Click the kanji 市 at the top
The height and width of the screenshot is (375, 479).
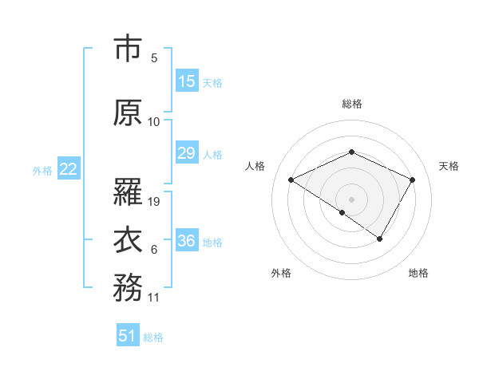point(128,49)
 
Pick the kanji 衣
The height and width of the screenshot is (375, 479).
point(128,240)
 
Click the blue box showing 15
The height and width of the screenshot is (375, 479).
point(187,81)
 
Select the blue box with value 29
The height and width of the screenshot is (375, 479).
point(187,153)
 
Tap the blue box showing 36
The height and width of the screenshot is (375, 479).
point(187,241)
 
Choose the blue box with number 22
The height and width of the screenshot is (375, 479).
point(69,169)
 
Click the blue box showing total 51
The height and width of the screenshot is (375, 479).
point(128,336)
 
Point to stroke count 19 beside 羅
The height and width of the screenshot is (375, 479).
point(155,202)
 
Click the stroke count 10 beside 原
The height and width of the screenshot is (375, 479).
point(154,122)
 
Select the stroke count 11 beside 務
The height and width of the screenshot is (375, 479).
point(154,298)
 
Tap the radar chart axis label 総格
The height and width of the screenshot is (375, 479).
point(352,104)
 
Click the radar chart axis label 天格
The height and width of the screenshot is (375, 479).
point(449,166)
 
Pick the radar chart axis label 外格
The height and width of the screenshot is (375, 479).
point(281,273)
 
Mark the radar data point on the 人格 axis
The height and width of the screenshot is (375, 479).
point(291,180)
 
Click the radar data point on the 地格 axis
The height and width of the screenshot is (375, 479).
point(380,239)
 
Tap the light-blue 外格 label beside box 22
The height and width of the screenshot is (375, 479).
point(42,170)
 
